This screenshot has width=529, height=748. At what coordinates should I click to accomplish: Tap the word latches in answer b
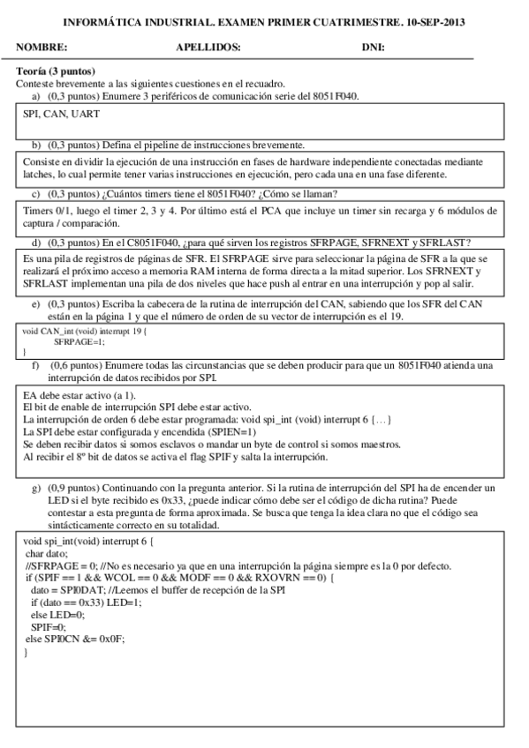[x=39, y=175]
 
